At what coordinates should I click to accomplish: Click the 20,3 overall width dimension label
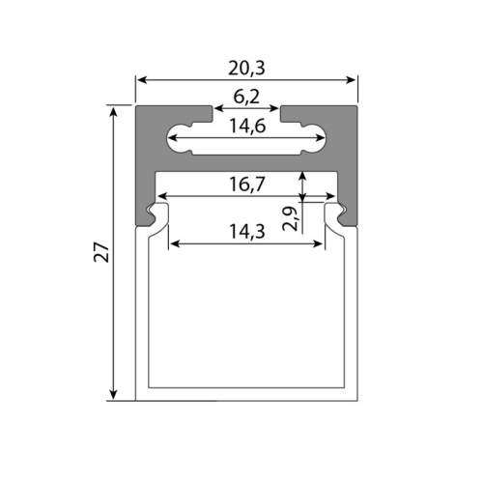tap(246, 68)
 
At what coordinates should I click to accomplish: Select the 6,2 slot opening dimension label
tap(246, 97)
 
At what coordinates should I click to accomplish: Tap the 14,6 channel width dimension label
tap(247, 126)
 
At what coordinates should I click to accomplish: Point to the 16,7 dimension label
tap(247, 185)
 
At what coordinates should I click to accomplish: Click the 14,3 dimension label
tap(247, 232)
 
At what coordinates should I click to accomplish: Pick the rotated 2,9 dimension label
tap(290, 219)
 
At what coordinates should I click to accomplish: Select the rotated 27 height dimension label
tap(101, 252)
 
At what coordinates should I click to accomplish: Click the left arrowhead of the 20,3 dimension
tap(141, 80)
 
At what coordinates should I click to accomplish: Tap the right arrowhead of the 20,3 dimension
tap(351, 80)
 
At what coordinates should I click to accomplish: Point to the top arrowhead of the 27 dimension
tap(113, 113)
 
